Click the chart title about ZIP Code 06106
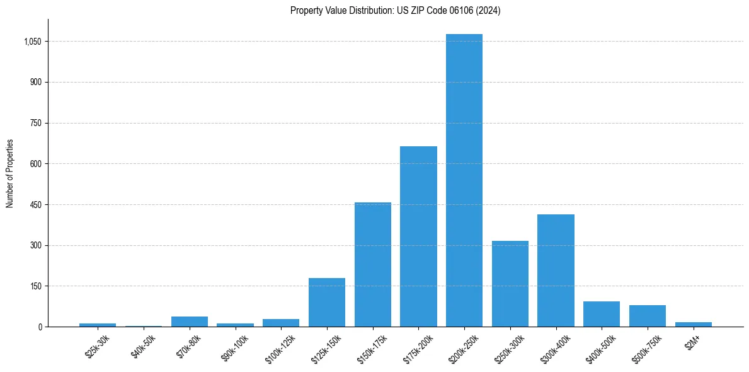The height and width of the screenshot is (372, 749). pyautogui.click(x=395, y=11)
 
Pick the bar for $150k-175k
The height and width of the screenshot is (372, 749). pyautogui.click(x=373, y=265)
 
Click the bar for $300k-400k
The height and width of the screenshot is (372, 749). pyautogui.click(x=556, y=270)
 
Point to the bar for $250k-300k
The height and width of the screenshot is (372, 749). pyautogui.click(x=510, y=284)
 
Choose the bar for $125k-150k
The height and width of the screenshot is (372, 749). pyautogui.click(x=327, y=303)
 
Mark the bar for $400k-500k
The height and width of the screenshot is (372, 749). pyautogui.click(x=602, y=314)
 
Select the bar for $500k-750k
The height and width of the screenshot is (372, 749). pyautogui.click(x=648, y=316)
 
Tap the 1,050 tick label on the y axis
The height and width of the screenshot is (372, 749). pyautogui.click(x=32, y=42)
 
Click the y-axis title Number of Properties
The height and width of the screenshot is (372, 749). pyautogui.click(x=10, y=173)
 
